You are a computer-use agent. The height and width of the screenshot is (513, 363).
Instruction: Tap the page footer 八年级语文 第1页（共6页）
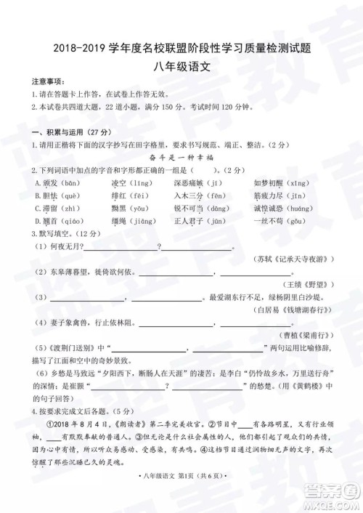(x=180, y=495)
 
